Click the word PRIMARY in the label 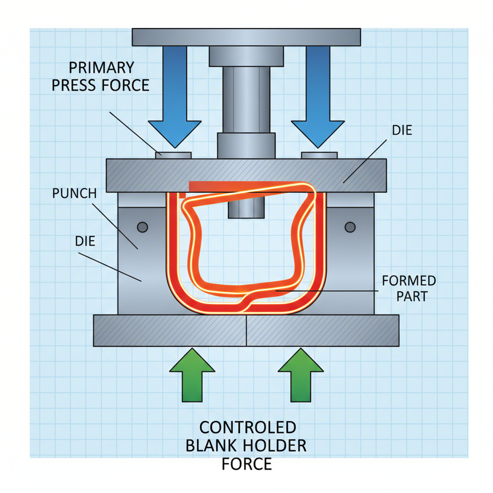coord(102,67)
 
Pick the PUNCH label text coord(74,194)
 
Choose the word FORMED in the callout coord(409,281)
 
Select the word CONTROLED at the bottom coord(247,428)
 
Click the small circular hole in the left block coord(143,227)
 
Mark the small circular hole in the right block coord(350,227)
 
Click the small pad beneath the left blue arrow coord(173,155)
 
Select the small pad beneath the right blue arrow coord(319,155)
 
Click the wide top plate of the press coord(246,37)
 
